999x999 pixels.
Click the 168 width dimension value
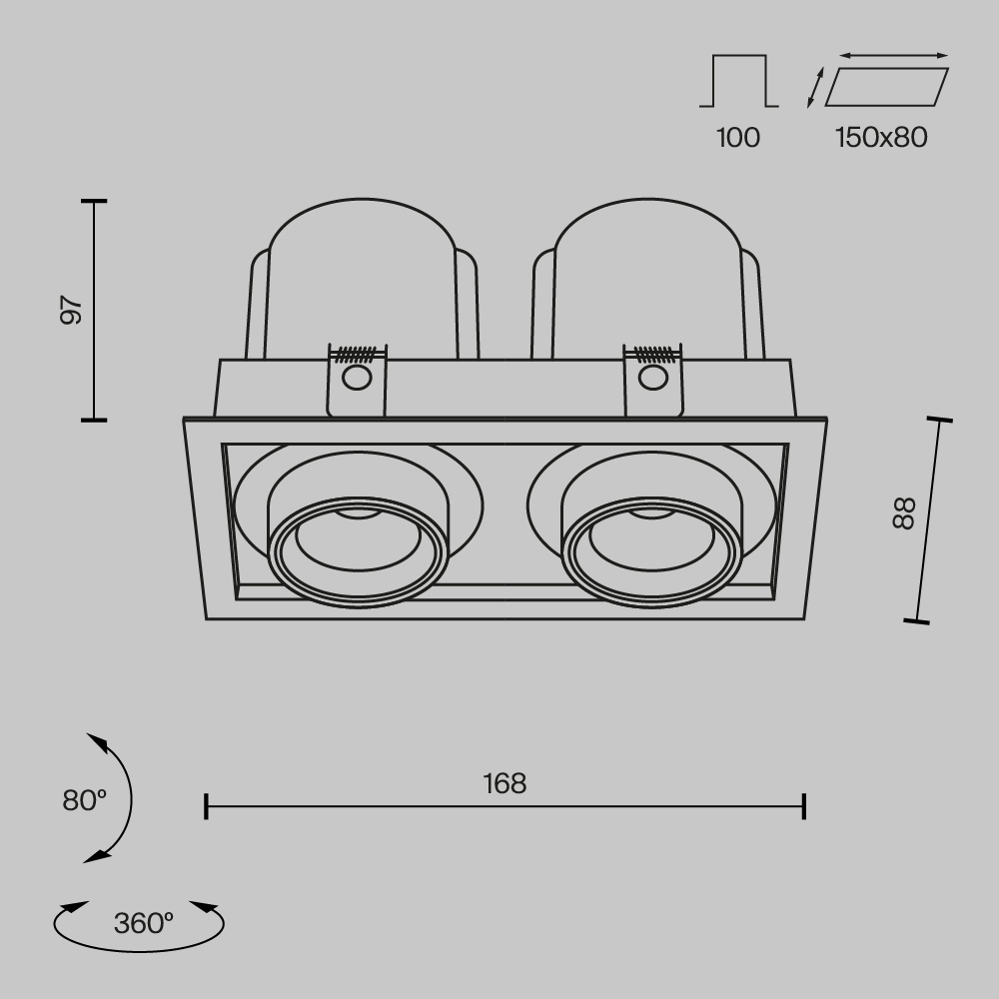pos(504,783)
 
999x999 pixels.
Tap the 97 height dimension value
pos(70,310)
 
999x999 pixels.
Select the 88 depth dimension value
pos(903,513)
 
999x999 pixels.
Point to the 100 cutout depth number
pos(738,138)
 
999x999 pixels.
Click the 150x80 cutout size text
pos(881,138)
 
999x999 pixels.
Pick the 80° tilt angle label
pos(84,800)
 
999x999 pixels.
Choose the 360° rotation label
pos(143,923)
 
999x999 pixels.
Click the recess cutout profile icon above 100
pos(738,82)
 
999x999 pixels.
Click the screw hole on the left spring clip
pos(355,378)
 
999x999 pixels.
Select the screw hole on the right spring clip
pos(652,378)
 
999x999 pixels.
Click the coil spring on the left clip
pos(357,353)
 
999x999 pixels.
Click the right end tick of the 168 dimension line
pos(804,806)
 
